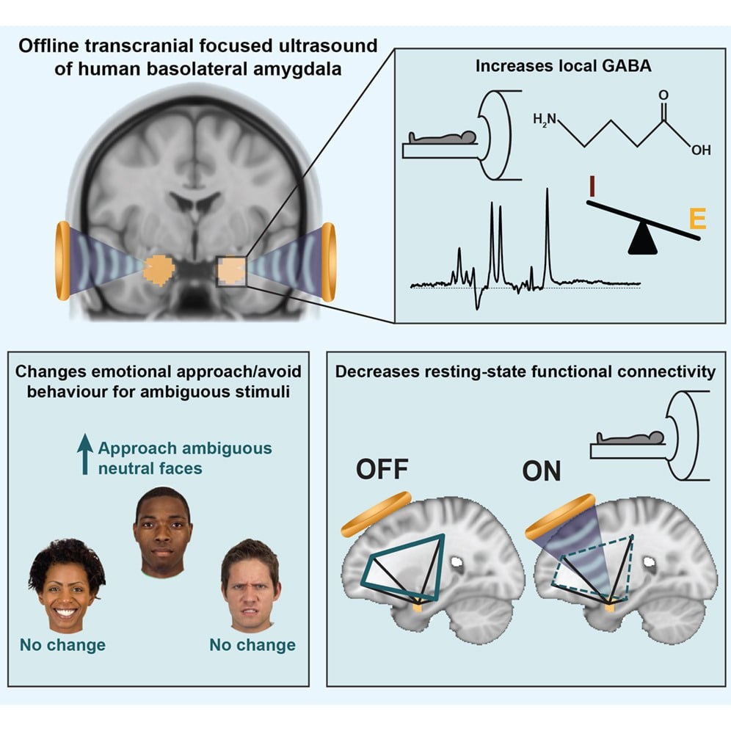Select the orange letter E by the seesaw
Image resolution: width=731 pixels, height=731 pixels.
697,219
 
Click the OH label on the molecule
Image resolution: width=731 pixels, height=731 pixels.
700,150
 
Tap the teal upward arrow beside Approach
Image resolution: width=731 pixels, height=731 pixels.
85,454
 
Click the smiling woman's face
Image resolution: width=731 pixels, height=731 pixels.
63,586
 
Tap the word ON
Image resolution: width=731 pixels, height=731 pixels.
542,470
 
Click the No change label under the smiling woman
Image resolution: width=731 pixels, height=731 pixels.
62,645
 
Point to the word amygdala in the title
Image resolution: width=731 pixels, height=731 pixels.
316,66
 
